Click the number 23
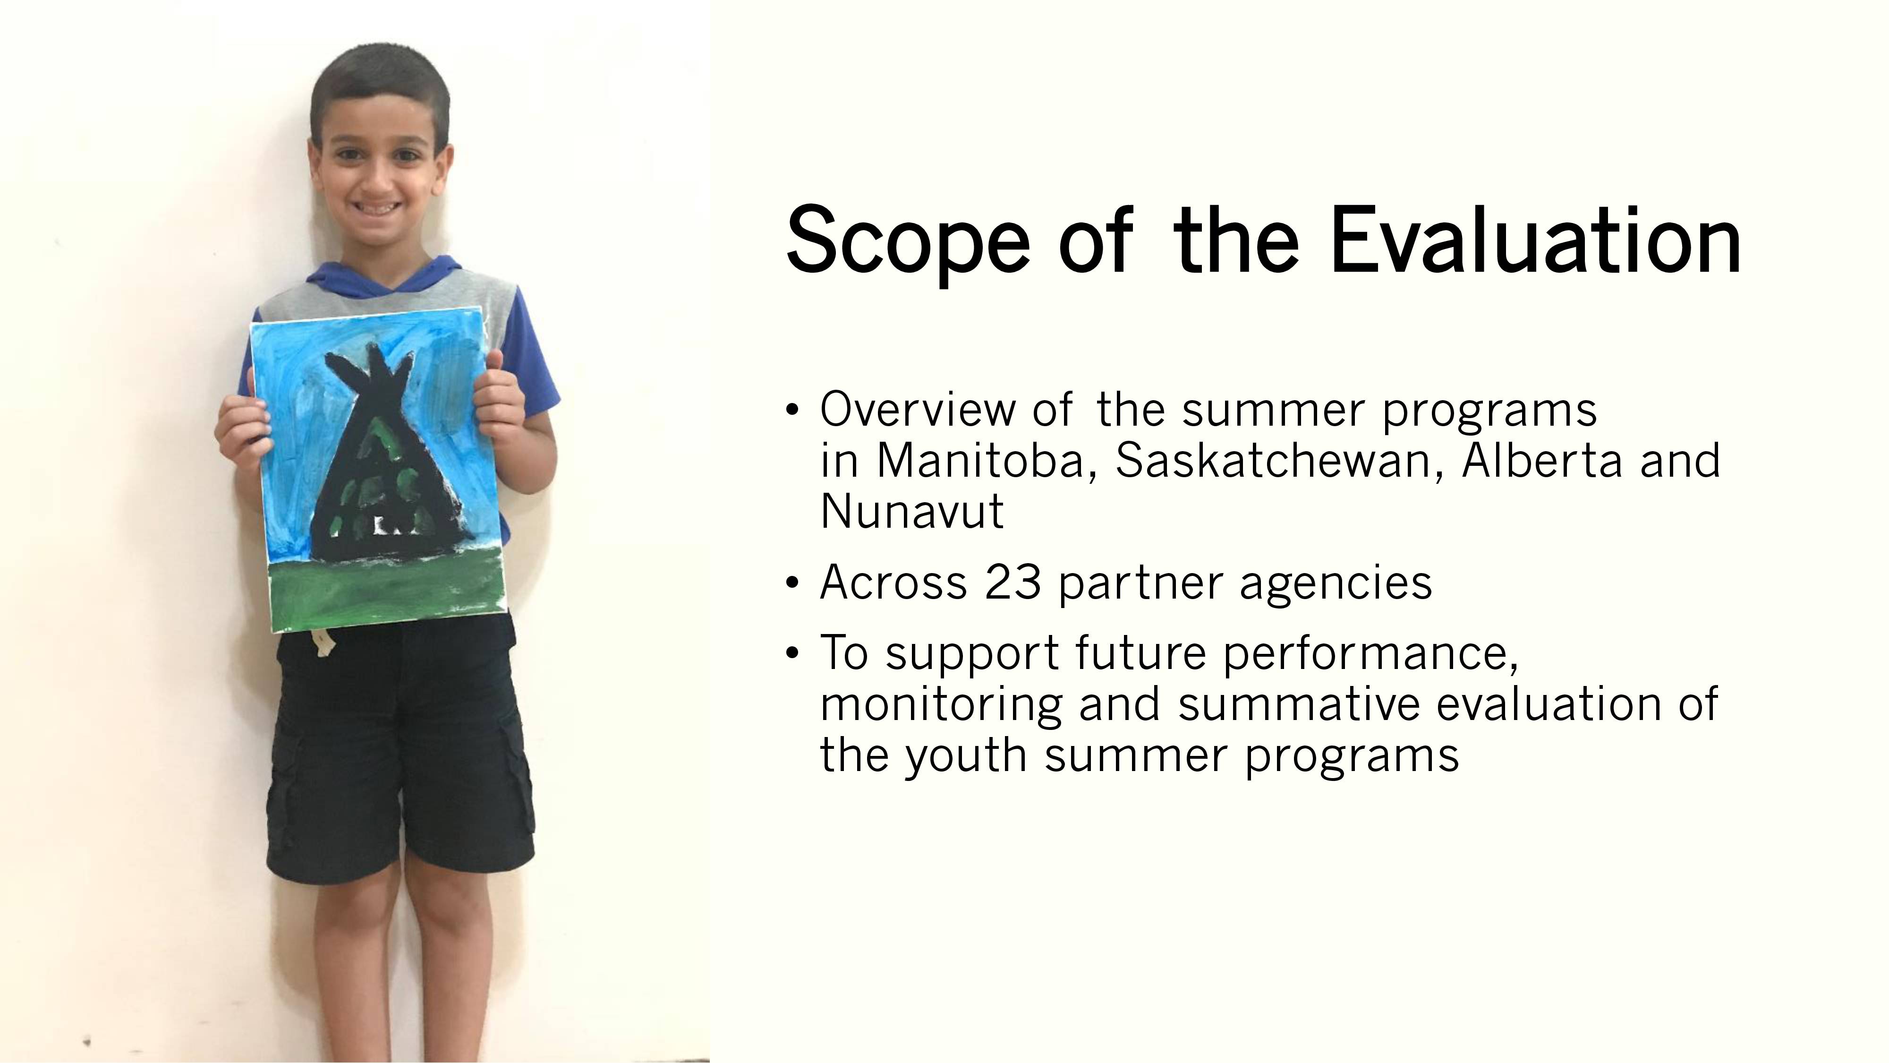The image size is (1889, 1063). pyautogui.click(x=1013, y=583)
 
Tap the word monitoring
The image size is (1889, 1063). pyautogui.click(x=941, y=706)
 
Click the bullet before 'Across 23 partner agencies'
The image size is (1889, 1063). pyautogui.click(x=791, y=584)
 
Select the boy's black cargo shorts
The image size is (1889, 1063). pyautogui.click(x=400, y=748)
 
